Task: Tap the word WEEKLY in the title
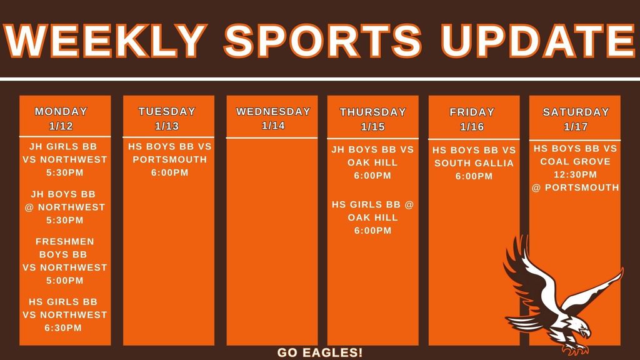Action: (x=106, y=40)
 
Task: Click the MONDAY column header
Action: (x=61, y=112)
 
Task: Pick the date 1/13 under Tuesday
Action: (x=167, y=126)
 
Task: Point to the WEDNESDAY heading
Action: (x=273, y=112)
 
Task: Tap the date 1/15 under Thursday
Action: (x=372, y=127)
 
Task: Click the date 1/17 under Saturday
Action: (x=576, y=127)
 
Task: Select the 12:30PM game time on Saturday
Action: (x=575, y=174)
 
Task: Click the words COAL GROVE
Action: (x=575, y=161)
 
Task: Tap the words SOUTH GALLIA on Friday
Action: (x=474, y=163)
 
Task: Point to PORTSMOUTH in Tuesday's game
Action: (x=170, y=159)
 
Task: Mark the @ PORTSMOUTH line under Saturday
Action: (x=575, y=187)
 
